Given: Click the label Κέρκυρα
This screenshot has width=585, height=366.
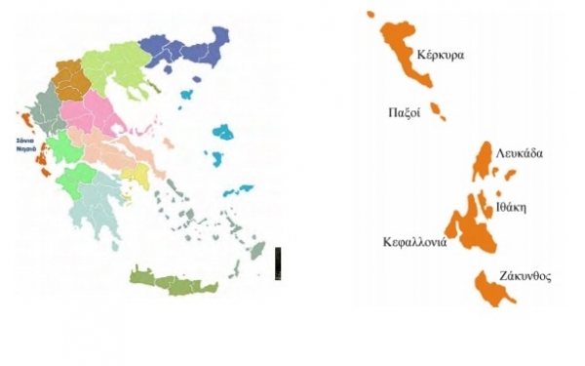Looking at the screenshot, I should (440, 55).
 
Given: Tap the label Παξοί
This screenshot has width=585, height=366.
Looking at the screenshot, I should (404, 112).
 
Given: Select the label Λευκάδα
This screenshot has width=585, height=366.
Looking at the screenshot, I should (519, 153).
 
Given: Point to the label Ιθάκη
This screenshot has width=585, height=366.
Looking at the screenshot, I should (511, 207).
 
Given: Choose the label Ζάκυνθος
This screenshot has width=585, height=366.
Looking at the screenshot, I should (526, 276).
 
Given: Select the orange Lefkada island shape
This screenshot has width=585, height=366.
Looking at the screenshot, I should (485, 162).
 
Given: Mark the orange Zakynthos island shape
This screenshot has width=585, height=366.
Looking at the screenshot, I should (491, 286).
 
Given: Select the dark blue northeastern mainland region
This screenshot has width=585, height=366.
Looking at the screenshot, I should (180, 49).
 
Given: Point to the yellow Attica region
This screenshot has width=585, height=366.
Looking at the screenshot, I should (136, 175).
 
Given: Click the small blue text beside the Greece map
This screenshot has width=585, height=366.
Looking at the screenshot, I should (24, 144).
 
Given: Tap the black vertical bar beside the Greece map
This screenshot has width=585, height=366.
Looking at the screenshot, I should (278, 264).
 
